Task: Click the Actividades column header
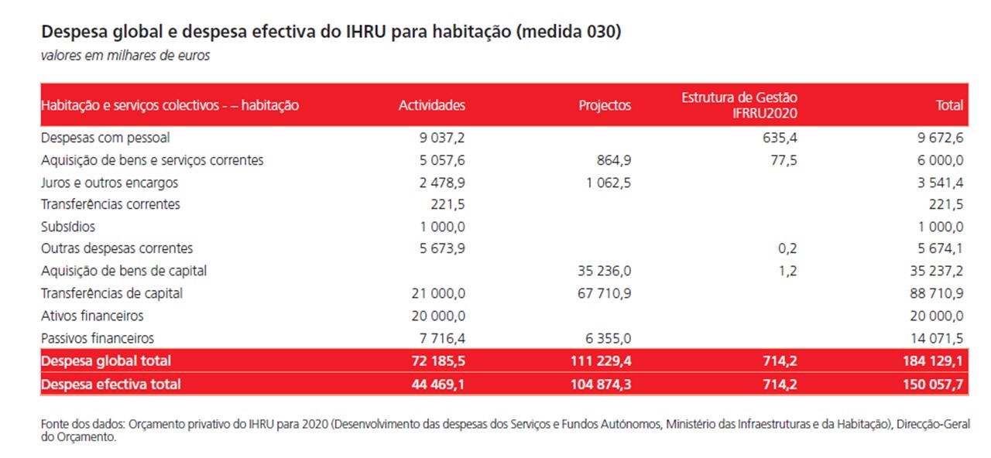(x=432, y=105)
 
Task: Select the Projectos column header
(x=605, y=105)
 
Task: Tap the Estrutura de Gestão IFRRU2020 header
(x=739, y=105)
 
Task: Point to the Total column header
(x=949, y=105)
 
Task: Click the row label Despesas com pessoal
(x=105, y=138)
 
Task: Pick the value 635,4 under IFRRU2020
(x=780, y=138)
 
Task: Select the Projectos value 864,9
(x=614, y=160)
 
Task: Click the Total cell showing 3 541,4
(x=940, y=183)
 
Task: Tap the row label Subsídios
(x=68, y=227)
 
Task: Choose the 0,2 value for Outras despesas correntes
(x=787, y=248)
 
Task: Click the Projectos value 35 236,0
(x=605, y=271)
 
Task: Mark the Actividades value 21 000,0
(x=438, y=293)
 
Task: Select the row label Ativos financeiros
(x=92, y=316)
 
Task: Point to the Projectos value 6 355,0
(x=609, y=338)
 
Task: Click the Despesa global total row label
(x=106, y=361)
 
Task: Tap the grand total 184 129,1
(x=933, y=361)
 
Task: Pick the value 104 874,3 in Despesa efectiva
(x=602, y=385)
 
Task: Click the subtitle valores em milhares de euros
(x=125, y=56)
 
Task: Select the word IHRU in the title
(x=366, y=32)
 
